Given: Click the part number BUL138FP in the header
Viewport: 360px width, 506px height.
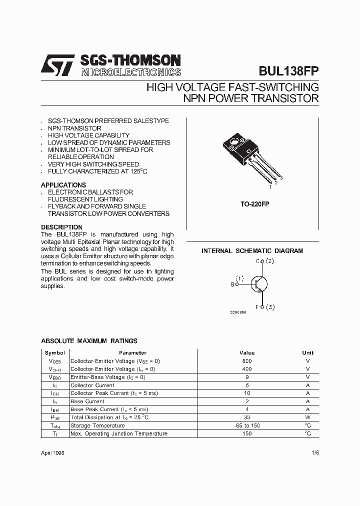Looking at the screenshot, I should click(289, 71).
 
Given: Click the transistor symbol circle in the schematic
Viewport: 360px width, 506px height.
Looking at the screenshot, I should click(258, 283).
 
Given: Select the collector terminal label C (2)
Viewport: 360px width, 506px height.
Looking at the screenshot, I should click(265, 261).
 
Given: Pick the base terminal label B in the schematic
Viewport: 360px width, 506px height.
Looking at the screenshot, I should click(232, 284).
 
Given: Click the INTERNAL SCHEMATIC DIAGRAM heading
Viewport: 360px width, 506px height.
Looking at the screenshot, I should click(252, 251).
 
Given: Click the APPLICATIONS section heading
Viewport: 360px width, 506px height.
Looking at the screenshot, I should click(63, 185).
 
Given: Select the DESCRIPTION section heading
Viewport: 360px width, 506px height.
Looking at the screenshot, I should click(61, 227).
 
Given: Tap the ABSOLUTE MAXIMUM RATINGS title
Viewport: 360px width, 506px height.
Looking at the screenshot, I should click(89, 341).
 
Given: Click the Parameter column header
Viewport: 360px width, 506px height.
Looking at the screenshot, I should click(133, 353).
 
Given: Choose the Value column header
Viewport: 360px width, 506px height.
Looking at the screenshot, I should click(247, 353).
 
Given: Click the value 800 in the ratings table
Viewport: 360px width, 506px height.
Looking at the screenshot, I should click(247, 361).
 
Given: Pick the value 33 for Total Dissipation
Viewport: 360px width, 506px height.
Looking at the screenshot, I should click(247, 417).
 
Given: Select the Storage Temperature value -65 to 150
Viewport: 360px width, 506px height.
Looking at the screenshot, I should click(247, 425).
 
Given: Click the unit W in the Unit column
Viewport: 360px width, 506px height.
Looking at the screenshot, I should click(308, 417).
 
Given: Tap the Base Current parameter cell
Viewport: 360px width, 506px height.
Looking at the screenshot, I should click(87, 401).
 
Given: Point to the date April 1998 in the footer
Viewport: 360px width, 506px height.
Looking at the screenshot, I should click(52, 452).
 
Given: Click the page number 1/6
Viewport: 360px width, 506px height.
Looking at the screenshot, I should click(314, 452).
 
